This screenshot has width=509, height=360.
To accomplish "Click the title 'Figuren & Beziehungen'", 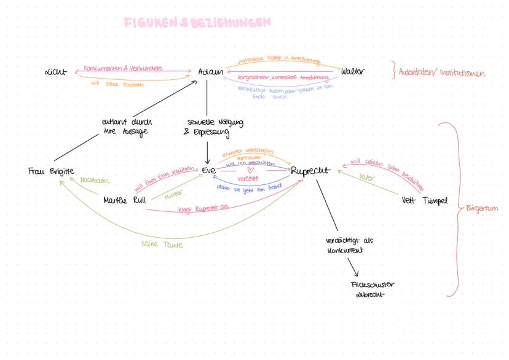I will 197,23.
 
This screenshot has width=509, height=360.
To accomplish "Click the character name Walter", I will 352,72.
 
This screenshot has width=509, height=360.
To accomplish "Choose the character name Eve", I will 209,170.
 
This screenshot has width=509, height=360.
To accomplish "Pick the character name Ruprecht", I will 311,170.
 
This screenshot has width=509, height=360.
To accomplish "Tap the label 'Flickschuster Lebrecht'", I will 373,289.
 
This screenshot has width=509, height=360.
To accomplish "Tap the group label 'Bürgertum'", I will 482,209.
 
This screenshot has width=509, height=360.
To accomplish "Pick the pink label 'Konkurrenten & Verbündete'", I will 123,68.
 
